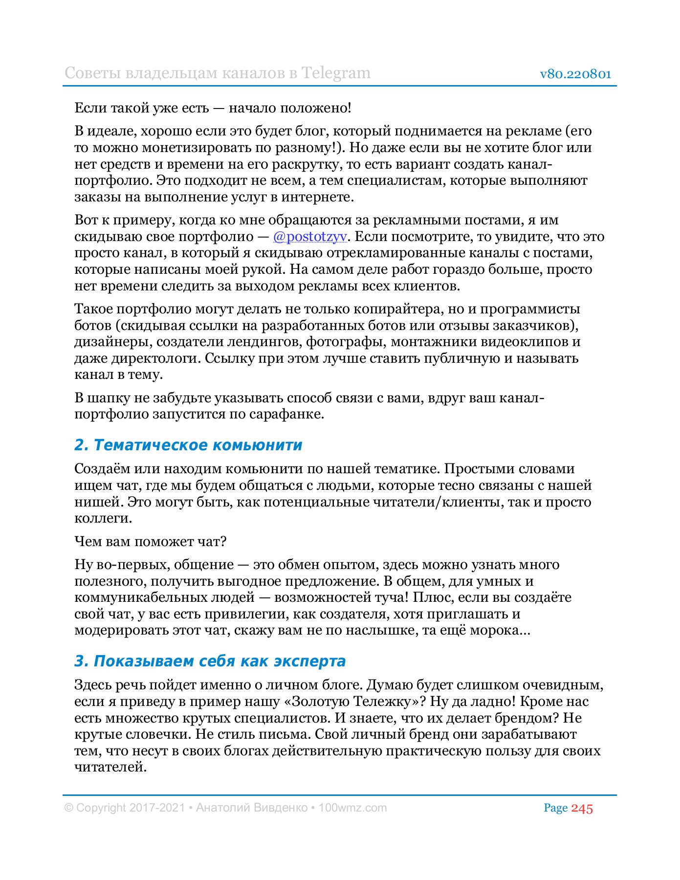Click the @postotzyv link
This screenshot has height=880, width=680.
(310, 237)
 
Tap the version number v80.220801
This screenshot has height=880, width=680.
(575, 74)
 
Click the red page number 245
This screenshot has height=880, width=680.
(582, 808)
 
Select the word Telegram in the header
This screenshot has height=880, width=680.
(335, 73)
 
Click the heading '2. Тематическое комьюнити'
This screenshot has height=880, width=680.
(188, 445)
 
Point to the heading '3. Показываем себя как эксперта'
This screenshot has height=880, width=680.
(210, 661)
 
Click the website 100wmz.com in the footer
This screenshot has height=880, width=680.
(352, 808)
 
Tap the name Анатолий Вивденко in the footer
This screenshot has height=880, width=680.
(252, 808)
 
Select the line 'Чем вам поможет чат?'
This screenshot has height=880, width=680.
(151, 542)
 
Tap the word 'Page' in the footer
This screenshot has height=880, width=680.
(555, 808)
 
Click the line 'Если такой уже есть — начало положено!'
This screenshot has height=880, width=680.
(213, 108)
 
